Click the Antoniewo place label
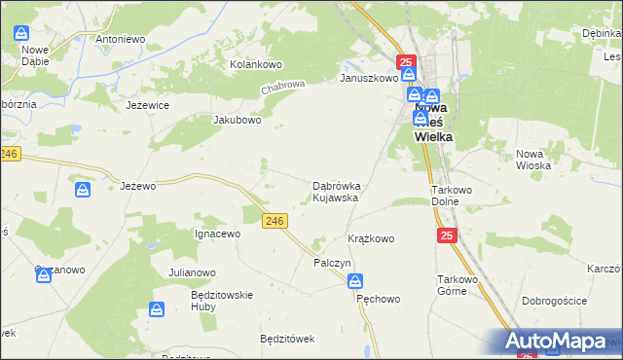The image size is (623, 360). pyautogui.click(x=120, y=39)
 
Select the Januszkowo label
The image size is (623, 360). pyautogui.click(x=368, y=78)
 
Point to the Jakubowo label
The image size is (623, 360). pyautogui.click(x=238, y=121)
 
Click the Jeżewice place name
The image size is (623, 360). pyautogui.click(x=148, y=104)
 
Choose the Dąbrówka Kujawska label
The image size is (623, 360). pyautogui.click(x=337, y=191)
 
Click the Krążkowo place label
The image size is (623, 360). pyautogui.click(x=371, y=238)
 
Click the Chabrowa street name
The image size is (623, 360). pyautogui.click(x=283, y=90)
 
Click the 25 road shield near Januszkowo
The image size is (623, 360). pyautogui.click(x=407, y=62)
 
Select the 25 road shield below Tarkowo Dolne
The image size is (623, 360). pyautogui.click(x=447, y=235)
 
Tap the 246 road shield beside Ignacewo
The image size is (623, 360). pyautogui.click(x=275, y=222)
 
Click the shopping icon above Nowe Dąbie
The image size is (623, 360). pyautogui.click(x=24, y=33)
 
